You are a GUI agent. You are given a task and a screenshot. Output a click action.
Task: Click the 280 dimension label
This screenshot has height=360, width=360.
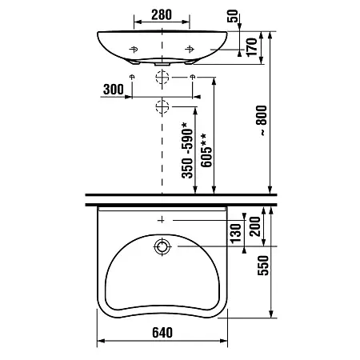pos(162,14)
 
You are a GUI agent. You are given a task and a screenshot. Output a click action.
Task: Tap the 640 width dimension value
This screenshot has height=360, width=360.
pos(162,333)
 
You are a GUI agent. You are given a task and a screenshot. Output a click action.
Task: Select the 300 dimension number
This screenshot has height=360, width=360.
pos(114,90)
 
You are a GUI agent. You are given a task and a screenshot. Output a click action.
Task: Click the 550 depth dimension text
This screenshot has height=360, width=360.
pos(263,266)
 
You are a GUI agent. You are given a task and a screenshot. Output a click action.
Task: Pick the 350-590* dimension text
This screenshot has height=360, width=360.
pos(187,150)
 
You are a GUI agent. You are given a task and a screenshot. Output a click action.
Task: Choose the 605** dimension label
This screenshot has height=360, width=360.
pos(206,150)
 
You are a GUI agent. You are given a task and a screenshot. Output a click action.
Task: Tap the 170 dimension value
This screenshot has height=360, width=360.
pos(251,47)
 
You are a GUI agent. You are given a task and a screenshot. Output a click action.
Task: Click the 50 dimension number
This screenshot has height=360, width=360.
pos(233,16)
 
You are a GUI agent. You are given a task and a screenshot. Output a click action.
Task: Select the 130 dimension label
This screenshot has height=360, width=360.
pos(236,234)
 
